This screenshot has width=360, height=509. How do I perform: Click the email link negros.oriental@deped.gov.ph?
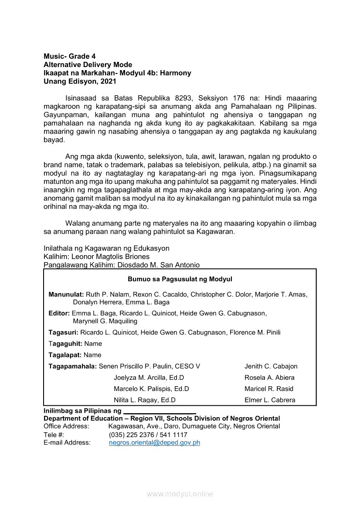coord(154,443)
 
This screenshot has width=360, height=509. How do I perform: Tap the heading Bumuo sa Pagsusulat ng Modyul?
coord(180,279)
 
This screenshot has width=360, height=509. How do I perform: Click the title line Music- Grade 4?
coord(69,56)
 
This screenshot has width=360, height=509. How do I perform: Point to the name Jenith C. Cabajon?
coord(271,366)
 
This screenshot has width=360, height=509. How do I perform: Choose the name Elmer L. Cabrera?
coord(270,400)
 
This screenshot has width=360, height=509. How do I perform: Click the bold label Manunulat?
coord(66,295)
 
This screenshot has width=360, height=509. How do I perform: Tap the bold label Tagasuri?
coord(64,333)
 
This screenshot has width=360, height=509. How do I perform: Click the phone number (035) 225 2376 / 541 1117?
coord(148,435)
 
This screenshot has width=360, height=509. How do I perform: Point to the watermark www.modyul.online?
coord(180,494)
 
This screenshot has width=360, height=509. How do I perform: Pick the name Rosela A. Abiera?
coord(269,378)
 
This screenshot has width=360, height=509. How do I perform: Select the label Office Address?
coord(66,426)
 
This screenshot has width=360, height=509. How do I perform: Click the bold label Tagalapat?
coord(65,355)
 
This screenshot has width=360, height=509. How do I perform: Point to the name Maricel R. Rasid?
coord(269,389)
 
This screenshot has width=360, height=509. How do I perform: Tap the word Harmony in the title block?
coord(176,73)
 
